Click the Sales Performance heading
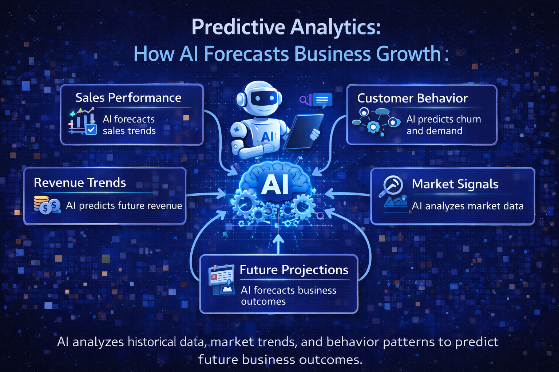pyautogui.click(x=128, y=98)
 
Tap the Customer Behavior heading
pyautogui.click(x=412, y=98)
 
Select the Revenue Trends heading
pyautogui.click(x=80, y=182)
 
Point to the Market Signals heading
pyautogui.click(x=455, y=184)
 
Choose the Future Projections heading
pyautogui.click(x=294, y=270)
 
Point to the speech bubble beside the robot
pyautogui.click(x=322, y=100)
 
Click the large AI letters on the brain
pyautogui.click(x=275, y=185)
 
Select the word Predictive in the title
pyautogui.click(x=238, y=27)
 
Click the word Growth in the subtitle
pyautogui.click(x=408, y=54)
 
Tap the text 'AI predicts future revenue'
pyautogui.click(x=124, y=206)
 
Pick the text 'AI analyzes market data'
pyautogui.click(x=467, y=206)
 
